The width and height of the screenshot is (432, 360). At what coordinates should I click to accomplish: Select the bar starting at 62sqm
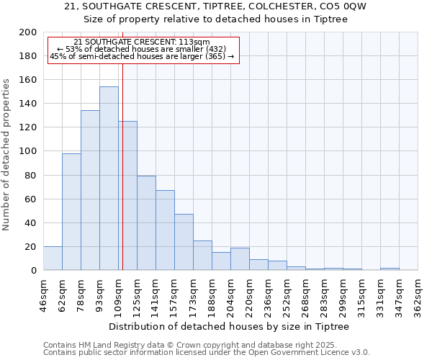pyautogui.click(x=71, y=212)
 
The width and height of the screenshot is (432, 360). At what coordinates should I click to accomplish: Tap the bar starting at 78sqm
pyautogui.click(x=90, y=190)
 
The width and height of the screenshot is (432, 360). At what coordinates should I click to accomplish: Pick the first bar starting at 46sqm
pyautogui.click(x=53, y=258)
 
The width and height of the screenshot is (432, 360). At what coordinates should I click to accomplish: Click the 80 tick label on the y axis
pyautogui.click(x=31, y=175)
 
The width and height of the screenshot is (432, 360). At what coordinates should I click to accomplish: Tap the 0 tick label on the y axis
pyautogui.click(x=34, y=271)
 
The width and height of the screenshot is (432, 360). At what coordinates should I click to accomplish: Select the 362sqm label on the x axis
pyautogui.click(x=418, y=294)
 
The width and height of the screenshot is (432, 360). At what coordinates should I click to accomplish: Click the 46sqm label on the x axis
pyautogui.click(x=44, y=294)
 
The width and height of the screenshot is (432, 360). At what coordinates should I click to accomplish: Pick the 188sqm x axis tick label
pyautogui.click(x=212, y=294)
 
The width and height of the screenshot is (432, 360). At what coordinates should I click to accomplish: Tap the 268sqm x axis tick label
pyautogui.click(x=306, y=294)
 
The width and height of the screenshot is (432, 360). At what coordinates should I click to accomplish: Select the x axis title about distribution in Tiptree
pyautogui.click(x=231, y=326)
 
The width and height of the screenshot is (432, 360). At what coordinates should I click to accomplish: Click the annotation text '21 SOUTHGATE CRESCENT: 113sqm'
pyautogui.click(x=142, y=42)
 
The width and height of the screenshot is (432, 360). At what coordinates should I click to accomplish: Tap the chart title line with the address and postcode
pyautogui.click(x=215, y=6)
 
